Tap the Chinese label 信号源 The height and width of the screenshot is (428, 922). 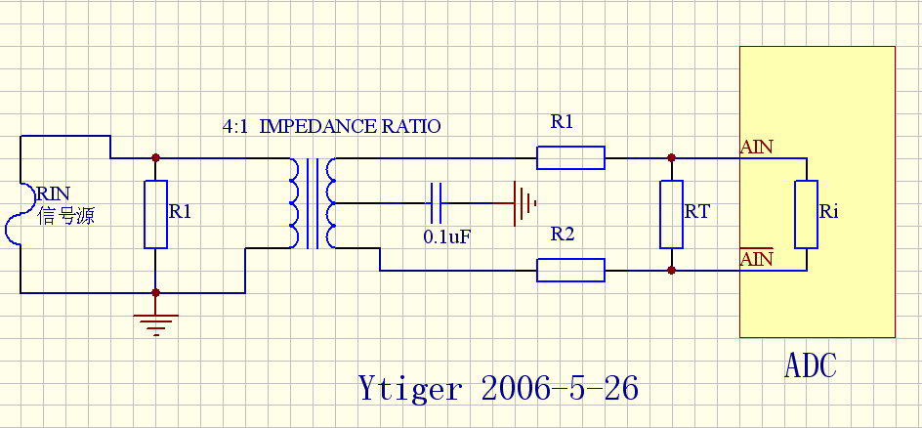[65, 216]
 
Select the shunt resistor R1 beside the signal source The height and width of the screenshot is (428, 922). [155, 214]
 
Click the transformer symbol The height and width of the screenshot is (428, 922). [312, 203]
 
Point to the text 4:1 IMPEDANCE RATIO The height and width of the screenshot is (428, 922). [333, 127]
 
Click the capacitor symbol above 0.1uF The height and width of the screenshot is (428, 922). [437, 204]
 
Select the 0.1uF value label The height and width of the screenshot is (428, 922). [446, 236]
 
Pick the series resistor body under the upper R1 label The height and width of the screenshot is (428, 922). [570, 157]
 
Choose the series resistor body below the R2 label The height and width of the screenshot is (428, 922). [570, 270]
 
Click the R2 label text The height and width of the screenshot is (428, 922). [562, 235]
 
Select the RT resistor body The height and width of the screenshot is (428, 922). [670, 214]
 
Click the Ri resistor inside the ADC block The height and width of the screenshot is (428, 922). [805, 214]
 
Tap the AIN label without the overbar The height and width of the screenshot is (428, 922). [757, 148]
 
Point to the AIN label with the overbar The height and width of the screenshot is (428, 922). [757, 259]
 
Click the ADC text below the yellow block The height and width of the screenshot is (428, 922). [810, 365]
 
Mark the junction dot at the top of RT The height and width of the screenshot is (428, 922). [670, 157]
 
